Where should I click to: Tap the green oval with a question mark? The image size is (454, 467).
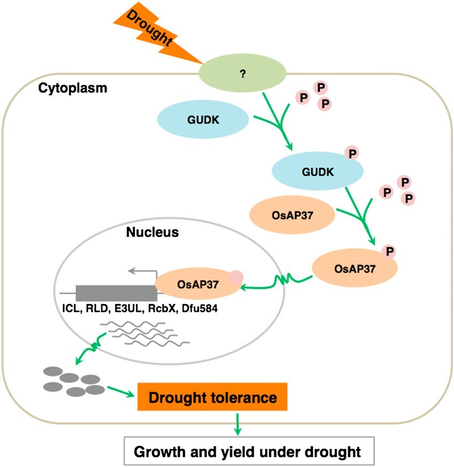tap(242, 73)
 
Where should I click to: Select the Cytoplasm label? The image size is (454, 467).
tap(73, 88)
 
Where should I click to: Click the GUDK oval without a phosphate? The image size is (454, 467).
tap(203, 120)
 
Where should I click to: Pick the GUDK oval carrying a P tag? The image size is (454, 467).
tap(318, 172)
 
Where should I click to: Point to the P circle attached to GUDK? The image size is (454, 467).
tap(352, 154)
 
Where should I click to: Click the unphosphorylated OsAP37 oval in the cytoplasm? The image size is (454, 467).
tap(292, 215)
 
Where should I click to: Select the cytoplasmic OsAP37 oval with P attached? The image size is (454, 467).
tap(355, 268)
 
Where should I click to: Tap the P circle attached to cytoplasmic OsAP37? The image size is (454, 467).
tap(389, 252)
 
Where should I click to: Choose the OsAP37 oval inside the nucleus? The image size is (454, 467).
tap(198, 284)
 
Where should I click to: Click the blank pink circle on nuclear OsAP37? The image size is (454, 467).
tap(236, 277)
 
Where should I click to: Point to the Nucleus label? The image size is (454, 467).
tap(152, 232)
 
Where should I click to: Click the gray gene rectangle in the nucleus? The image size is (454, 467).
tap(117, 293)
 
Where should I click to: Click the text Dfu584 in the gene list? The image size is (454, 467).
tap(199, 308)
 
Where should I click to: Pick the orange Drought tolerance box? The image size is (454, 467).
tap(212, 396)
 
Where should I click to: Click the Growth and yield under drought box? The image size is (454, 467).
tap(249, 452)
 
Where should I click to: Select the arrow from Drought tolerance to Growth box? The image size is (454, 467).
tap(237, 424)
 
